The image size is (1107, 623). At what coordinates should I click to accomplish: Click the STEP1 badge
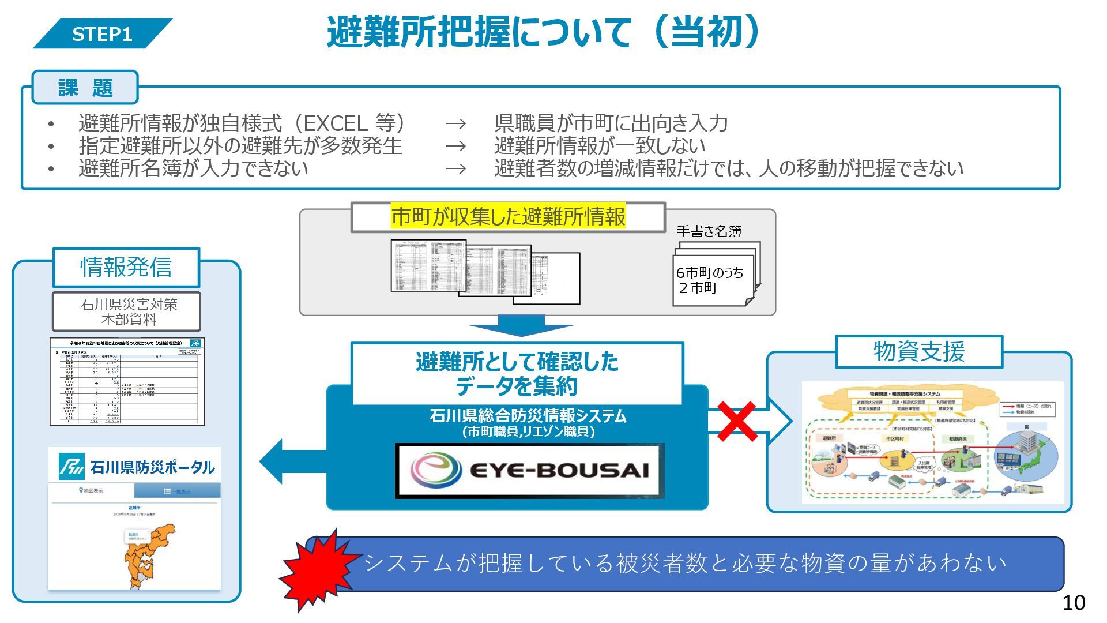click(102, 34)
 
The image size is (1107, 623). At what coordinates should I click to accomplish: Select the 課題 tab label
click(85, 88)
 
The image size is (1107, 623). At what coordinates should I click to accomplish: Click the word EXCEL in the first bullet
click(335, 123)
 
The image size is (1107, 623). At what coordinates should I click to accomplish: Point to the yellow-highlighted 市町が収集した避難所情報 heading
click(508, 217)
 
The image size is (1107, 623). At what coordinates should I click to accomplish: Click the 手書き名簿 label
click(709, 231)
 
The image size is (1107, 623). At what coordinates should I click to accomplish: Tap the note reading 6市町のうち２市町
click(710, 280)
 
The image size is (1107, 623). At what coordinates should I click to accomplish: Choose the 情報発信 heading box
click(126, 267)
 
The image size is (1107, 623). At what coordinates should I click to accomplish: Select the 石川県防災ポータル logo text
click(152, 467)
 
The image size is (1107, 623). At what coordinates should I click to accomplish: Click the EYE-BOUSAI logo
click(529, 470)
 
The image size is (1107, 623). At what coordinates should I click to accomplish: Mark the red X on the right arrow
click(736, 422)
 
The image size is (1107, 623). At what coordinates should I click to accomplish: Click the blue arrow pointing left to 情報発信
click(288, 461)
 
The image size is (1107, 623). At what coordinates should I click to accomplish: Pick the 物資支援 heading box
click(919, 351)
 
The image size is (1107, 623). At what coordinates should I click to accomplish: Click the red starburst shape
click(317, 571)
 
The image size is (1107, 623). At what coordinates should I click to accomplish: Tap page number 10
click(1074, 603)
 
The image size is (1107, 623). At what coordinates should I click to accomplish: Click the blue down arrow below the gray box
click(521, 326)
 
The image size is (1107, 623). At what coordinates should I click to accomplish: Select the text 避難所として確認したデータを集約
click(517, 374)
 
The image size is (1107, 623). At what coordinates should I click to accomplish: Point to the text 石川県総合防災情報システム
click(528, 416)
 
